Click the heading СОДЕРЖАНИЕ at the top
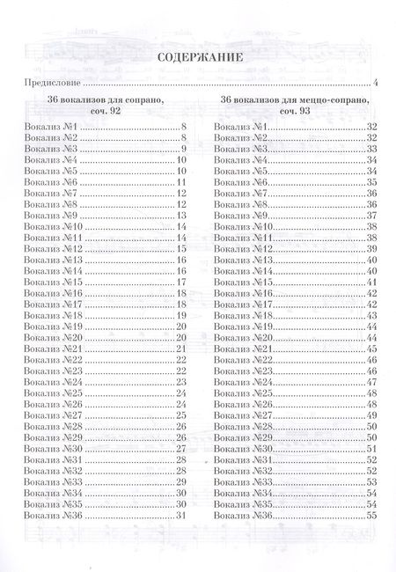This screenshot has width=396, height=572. point(197,59)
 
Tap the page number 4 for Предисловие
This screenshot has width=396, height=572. point(375,84)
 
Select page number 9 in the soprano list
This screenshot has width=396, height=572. point(183,150)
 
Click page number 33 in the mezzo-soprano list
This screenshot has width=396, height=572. point(371,150)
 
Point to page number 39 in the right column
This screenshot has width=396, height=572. point(371,249)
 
